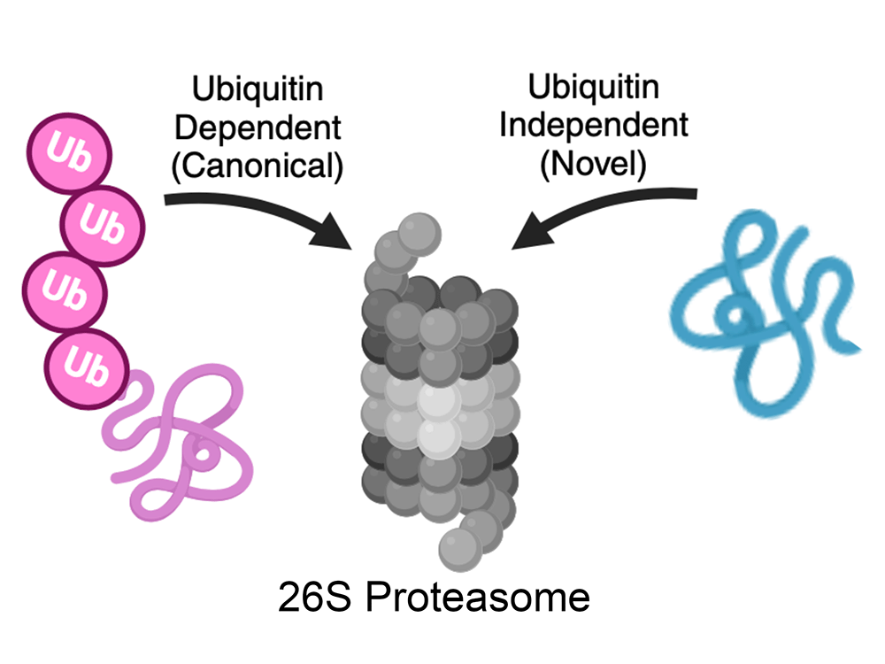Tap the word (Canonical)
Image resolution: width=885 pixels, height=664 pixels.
point(257,166)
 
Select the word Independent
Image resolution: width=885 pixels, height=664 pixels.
point(594,124)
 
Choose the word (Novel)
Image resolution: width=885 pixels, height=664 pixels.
point(594,163)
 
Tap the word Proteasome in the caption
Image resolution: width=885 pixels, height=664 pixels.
point(477,598)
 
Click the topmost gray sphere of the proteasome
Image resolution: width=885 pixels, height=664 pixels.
point(412,232)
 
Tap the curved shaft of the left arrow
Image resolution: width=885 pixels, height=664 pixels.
point(239,205)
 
